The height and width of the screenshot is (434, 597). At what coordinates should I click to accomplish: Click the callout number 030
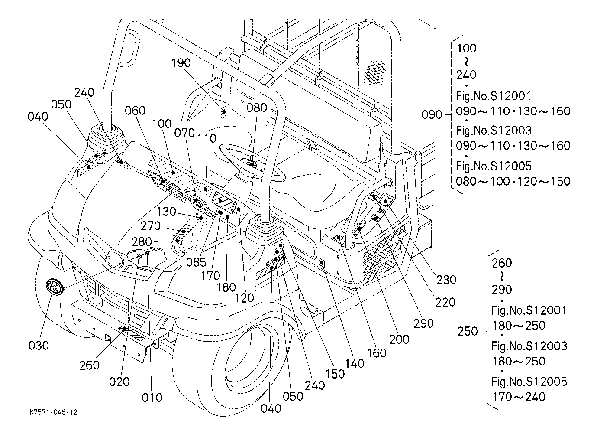pos(39,346)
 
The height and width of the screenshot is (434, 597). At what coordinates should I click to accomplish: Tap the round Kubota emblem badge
pos(55,287)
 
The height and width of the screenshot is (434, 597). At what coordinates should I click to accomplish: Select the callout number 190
pos(181,63)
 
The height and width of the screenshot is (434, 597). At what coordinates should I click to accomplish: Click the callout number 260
pos(90,365)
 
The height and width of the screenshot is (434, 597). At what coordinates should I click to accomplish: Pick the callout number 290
pos(423,323)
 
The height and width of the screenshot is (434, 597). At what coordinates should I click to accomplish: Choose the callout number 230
pos(446,280)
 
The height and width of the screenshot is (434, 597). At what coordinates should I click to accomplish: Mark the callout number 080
pos(257,107)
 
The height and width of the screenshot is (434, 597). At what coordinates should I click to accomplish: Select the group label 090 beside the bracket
pos(432,114)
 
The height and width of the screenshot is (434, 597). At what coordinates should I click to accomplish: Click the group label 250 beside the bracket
pos(468,331)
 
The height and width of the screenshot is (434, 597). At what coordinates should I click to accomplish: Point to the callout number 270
pos(151,226)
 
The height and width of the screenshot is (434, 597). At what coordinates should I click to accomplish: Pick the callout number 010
pos(152,397)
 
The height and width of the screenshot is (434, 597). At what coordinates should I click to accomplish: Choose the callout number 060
pos(135,111)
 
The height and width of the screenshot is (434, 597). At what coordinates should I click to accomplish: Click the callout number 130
pos(166,212)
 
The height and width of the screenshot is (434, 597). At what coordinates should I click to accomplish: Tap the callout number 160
pos(377,353)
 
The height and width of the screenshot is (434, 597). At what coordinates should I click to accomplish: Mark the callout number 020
pos(119,381)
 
